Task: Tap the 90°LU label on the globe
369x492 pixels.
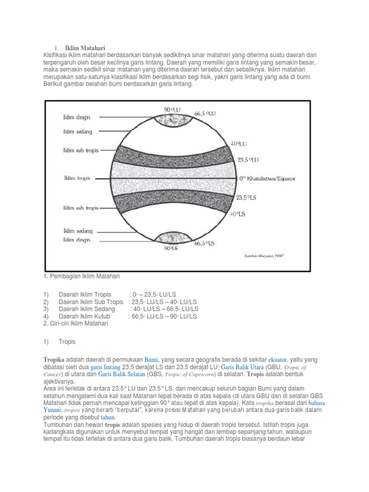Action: (x=172, y=110)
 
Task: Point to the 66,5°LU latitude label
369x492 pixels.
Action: (x=205, y=114)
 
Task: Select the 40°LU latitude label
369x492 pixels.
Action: (x=239, y=143)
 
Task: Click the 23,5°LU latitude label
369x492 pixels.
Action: (x=248, y=159)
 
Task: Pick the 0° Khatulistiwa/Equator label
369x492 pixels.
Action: (x=268, y=178)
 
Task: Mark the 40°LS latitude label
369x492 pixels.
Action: (x=238, y=214)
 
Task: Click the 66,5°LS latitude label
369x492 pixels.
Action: (x=204, y=244)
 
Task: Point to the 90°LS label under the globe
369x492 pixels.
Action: (x=172, y=249)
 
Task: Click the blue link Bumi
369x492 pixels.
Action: (x=152, y=360)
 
